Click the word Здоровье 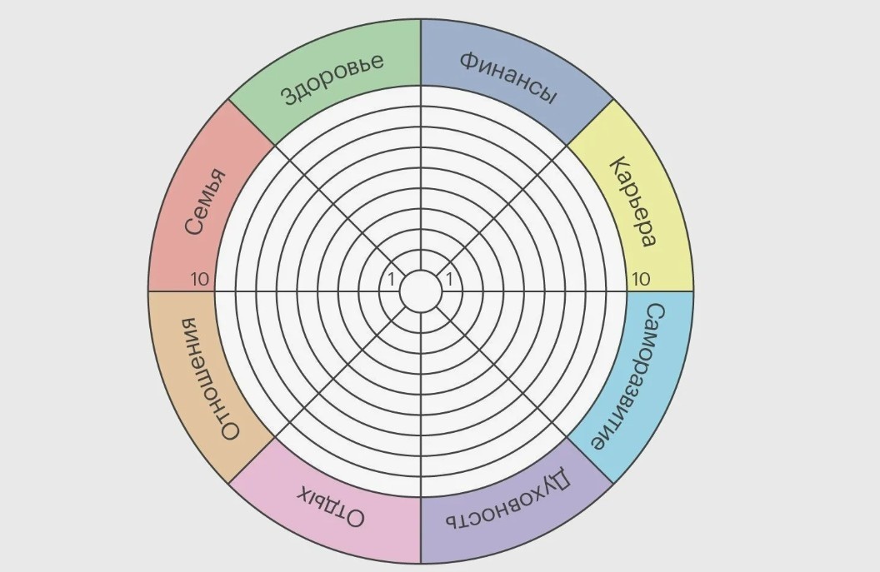click(332, 79)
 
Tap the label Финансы click(509, 78)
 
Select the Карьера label click(632, 201)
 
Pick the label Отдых click(331, 507)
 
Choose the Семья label click(206, 201)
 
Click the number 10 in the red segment click(199, 279)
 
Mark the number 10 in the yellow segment click(640, 279)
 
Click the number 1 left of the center click(391, 279)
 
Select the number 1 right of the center click(449, 279)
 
